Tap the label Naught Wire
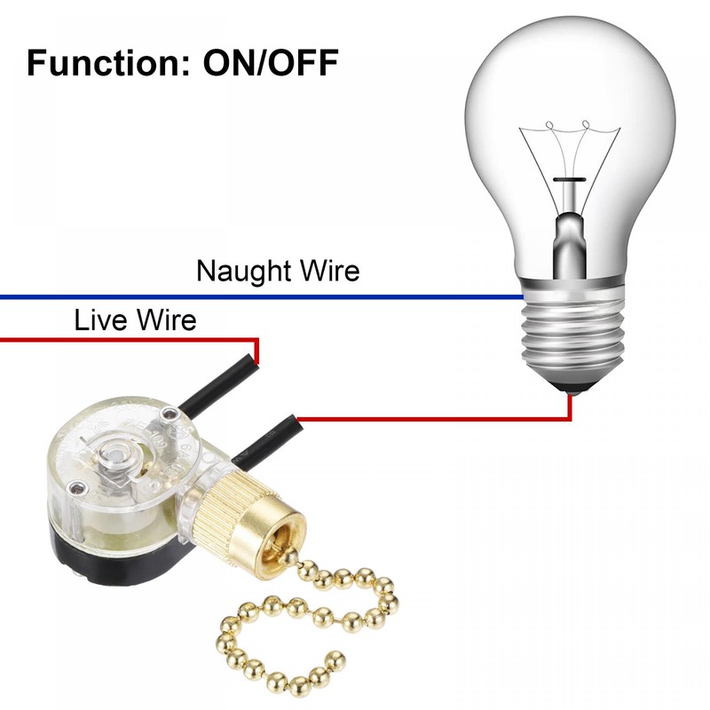[278, 270]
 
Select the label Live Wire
[135, 319]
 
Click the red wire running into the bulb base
[444, 418]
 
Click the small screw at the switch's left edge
[79, 487]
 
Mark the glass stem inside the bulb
[567, 222]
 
